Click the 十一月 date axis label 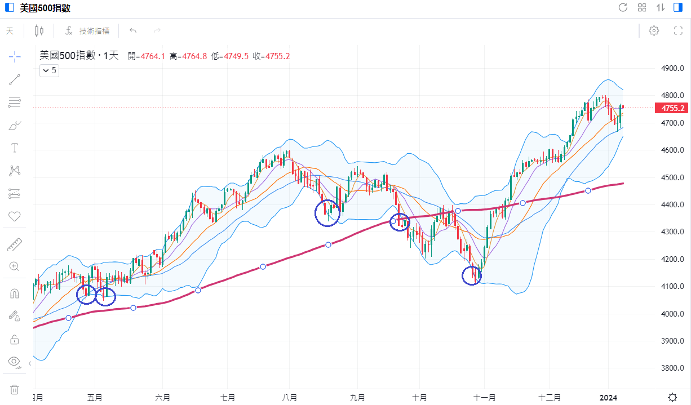[x=484, y=398]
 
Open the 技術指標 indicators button [x=88, y=31]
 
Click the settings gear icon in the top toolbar [x=654, y=31]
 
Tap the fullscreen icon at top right [x=678, y=31]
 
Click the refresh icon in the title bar [x=623, y=7]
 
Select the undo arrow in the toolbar [x=133, y=31]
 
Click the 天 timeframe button [x=10, y=31]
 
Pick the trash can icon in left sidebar [x=15, y=389]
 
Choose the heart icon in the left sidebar [x=15, y=216]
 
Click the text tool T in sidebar [x=15, y=148]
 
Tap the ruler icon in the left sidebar [x=15, y=244]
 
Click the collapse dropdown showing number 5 [x=49, y=70]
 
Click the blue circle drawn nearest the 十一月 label [x=472, y=276]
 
